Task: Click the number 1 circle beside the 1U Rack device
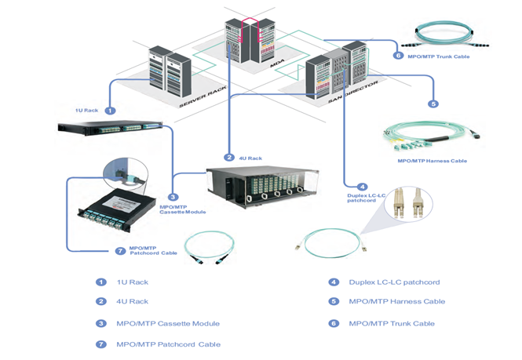click(110, 111)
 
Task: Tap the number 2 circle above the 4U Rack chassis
click(229, 157)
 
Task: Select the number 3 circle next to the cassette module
click(173, 197)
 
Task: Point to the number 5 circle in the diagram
click(433, 104)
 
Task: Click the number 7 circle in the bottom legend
click(100, 344)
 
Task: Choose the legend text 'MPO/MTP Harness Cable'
click(396, 301)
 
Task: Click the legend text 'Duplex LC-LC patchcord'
click(394, 282)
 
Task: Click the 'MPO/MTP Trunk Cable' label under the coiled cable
click(440, 56)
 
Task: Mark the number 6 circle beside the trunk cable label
click(398, 56)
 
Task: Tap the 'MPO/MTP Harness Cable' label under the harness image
click(432, 161)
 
